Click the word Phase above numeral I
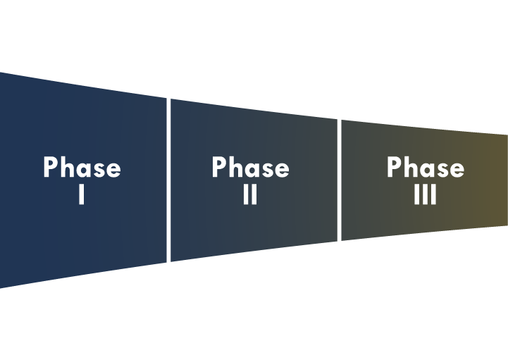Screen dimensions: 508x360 tap(82, 168)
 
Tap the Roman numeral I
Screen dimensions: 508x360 tap(82, 194)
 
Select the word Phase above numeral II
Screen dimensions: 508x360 tap(250, 168)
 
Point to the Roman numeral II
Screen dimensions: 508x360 tap(250, 194)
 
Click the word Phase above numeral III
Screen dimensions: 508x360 tap(425, 168)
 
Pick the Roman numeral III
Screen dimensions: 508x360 tap(425, 194)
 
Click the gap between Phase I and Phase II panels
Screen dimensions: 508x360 tap(168, 180)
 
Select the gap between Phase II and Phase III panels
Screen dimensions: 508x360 tap(339, 180)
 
